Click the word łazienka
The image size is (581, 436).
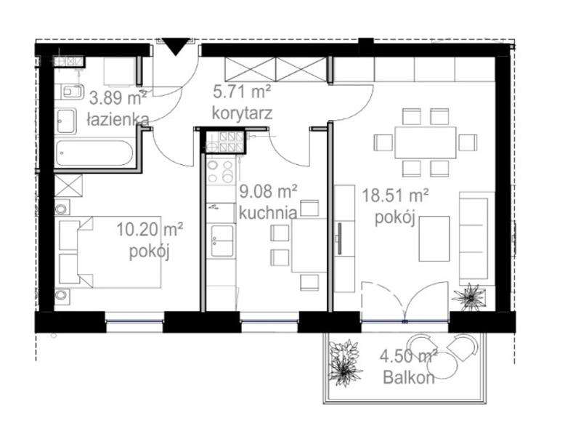point(118,119)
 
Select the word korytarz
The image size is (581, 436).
point(243,113)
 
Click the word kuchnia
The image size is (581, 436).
point(268,213)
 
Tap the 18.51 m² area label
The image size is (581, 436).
point(395,195)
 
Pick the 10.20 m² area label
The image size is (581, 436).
point(150,230)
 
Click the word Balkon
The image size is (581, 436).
point(409,378)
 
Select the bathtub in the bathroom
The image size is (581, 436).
point(93,153)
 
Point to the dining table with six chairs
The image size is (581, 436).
point(426,142)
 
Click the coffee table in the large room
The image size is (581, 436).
point(434,239)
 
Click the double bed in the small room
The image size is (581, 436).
point(110,252)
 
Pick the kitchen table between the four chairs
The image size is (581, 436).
point(309,246)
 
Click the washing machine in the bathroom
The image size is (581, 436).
point(120,71)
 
